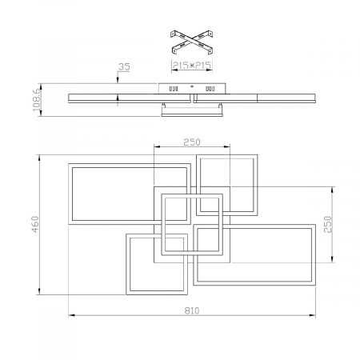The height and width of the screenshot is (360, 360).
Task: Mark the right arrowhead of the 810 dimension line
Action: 315,314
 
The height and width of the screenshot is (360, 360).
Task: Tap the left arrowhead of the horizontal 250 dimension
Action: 155,146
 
